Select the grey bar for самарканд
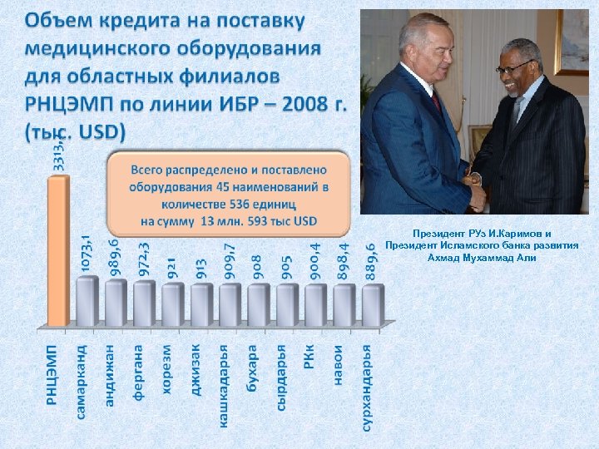[87, 301]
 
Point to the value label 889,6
[371, 263]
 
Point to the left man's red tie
[436, 100]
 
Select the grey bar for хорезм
[172, 304]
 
